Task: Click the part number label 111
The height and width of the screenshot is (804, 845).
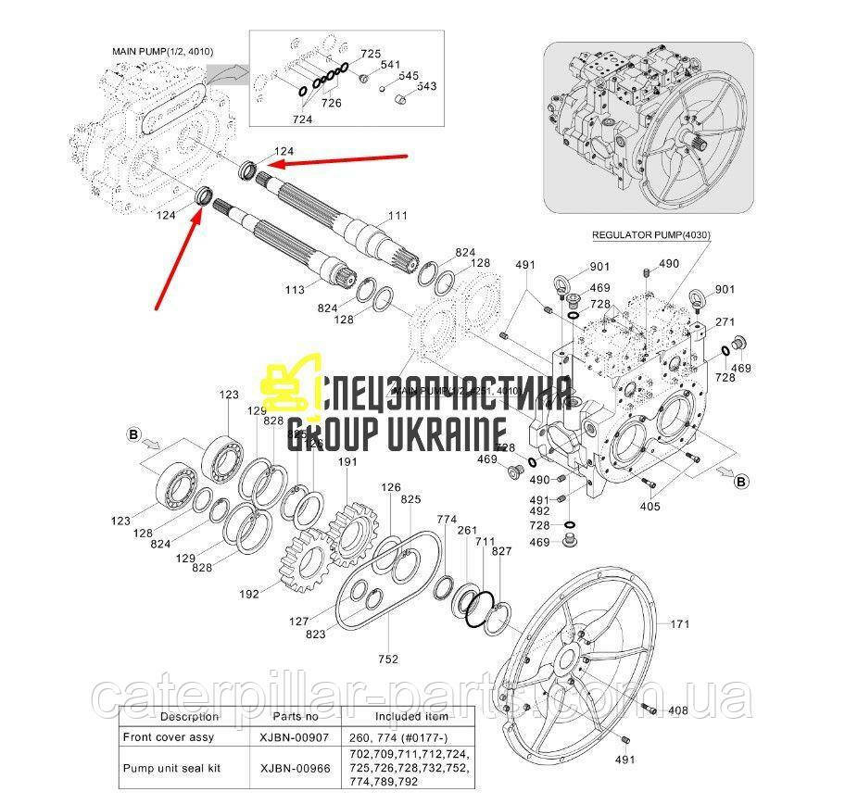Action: coord(397,216)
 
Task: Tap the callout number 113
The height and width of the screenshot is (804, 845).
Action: coord(295,290)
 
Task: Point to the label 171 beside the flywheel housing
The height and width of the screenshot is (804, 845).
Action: coord(681,624)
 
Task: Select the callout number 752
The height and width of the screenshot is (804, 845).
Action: coord(388,659)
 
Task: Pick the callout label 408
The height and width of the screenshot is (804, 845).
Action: coord(678,710)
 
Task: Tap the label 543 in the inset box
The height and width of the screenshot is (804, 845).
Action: coord(426,86)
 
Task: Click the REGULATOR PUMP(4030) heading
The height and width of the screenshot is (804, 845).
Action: coord(651,236)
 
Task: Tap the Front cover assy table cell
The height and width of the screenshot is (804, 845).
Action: coord(168,737)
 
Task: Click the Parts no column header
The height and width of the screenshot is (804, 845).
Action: coord(296,716)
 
